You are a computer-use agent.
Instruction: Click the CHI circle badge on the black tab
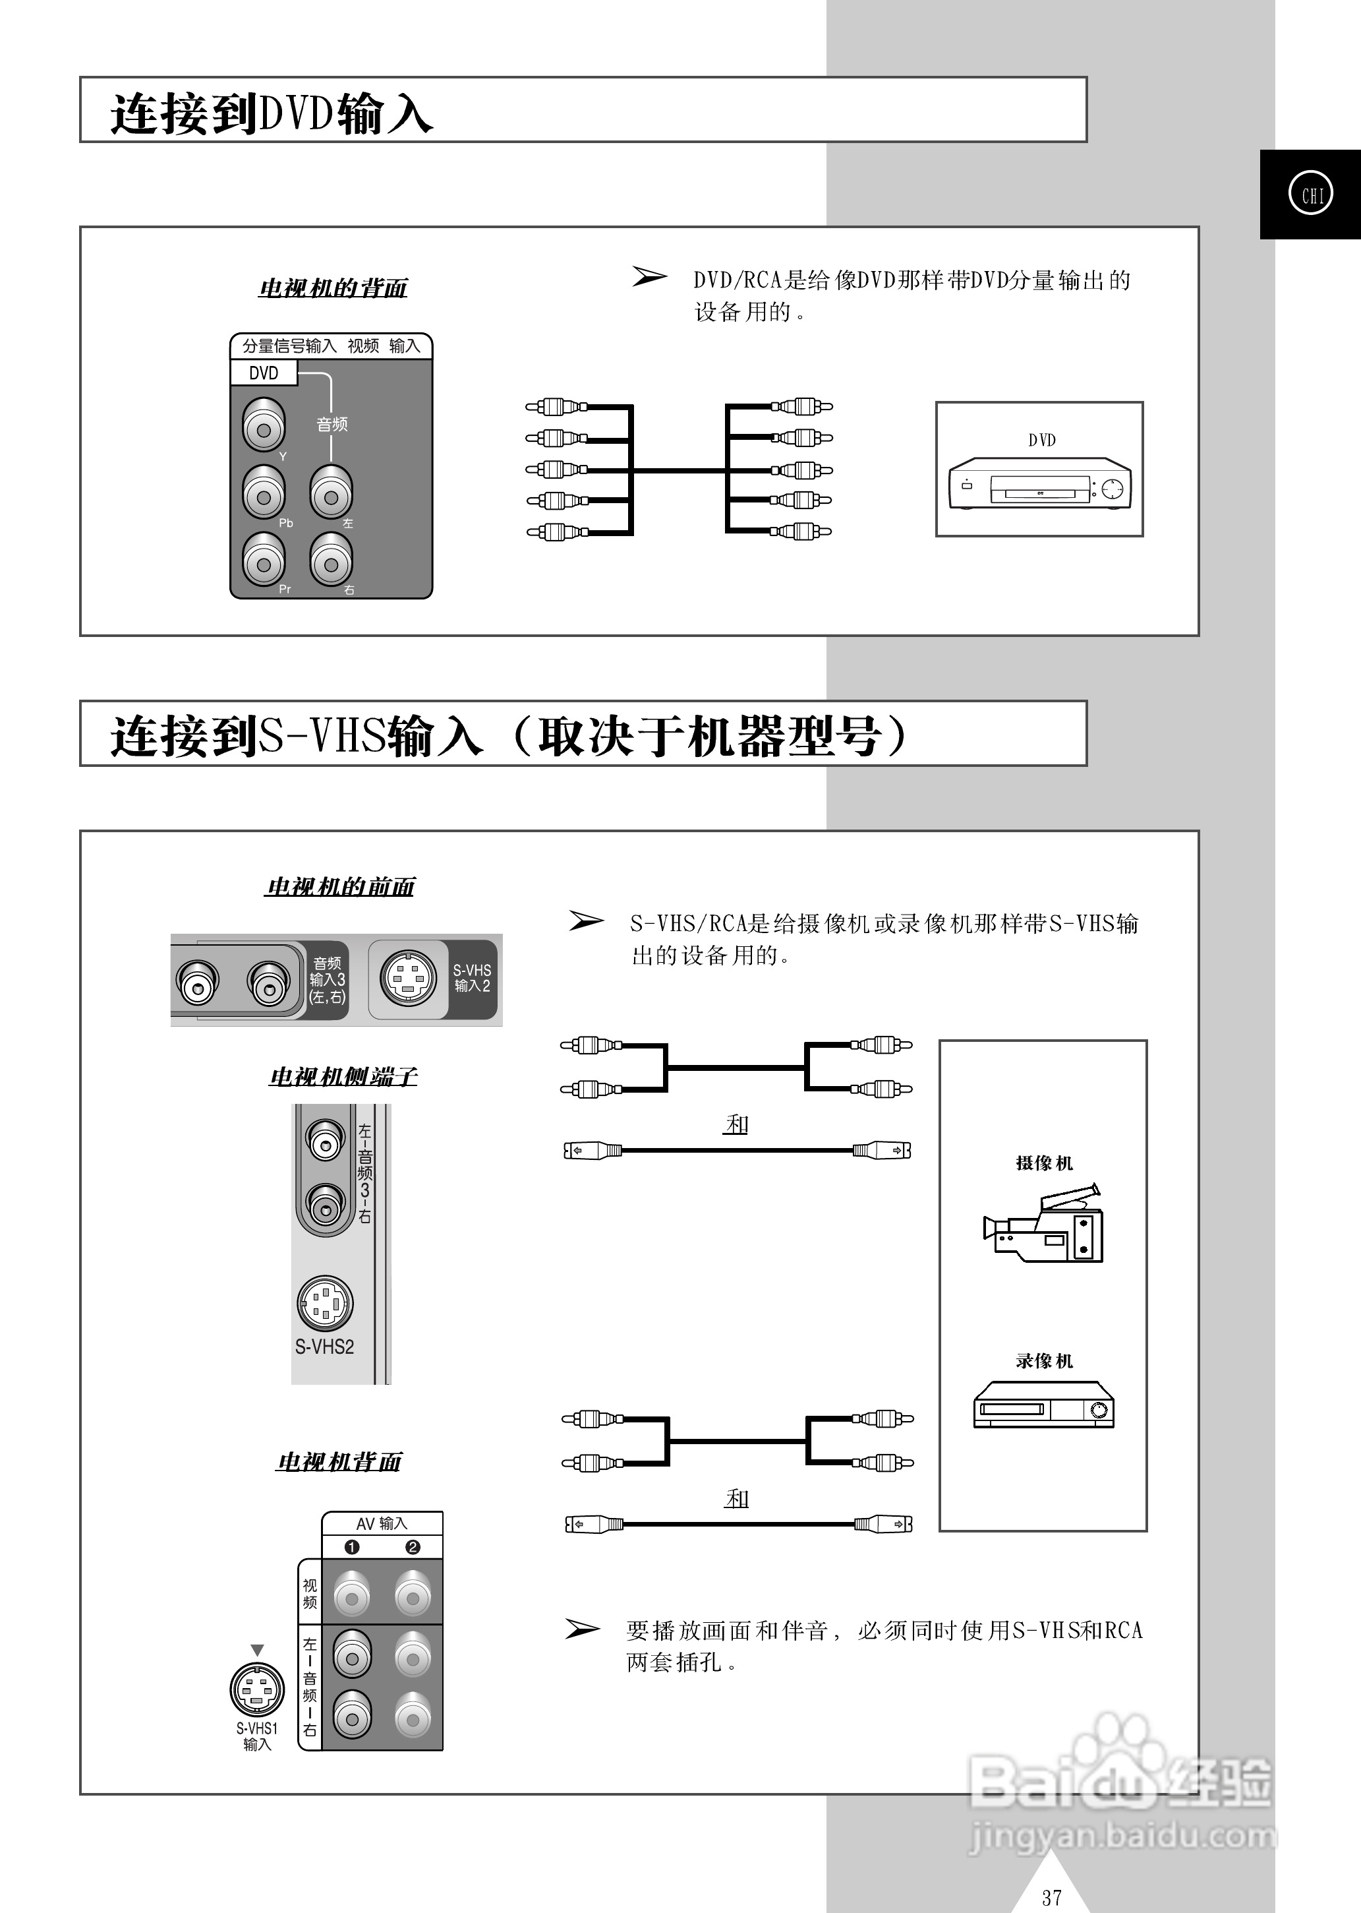(1311, 194)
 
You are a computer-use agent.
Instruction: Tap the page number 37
(1052, 1897)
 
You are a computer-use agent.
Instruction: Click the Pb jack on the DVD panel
(264, 497)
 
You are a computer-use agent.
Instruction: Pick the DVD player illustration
(1039, 484)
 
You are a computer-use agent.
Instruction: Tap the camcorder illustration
(1044, 1224)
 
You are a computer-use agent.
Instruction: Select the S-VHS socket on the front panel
(408, 979)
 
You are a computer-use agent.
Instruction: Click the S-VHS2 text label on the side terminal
(324, 1347)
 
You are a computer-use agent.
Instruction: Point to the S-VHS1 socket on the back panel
(256, 1689)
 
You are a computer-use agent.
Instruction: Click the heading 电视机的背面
(333, 288)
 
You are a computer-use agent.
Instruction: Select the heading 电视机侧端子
(343, 1076)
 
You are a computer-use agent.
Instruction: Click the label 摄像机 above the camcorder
(1043, 1163)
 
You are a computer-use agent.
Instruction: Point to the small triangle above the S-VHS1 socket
(257, 1650)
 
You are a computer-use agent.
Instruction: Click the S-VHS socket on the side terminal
(325, 1303)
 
